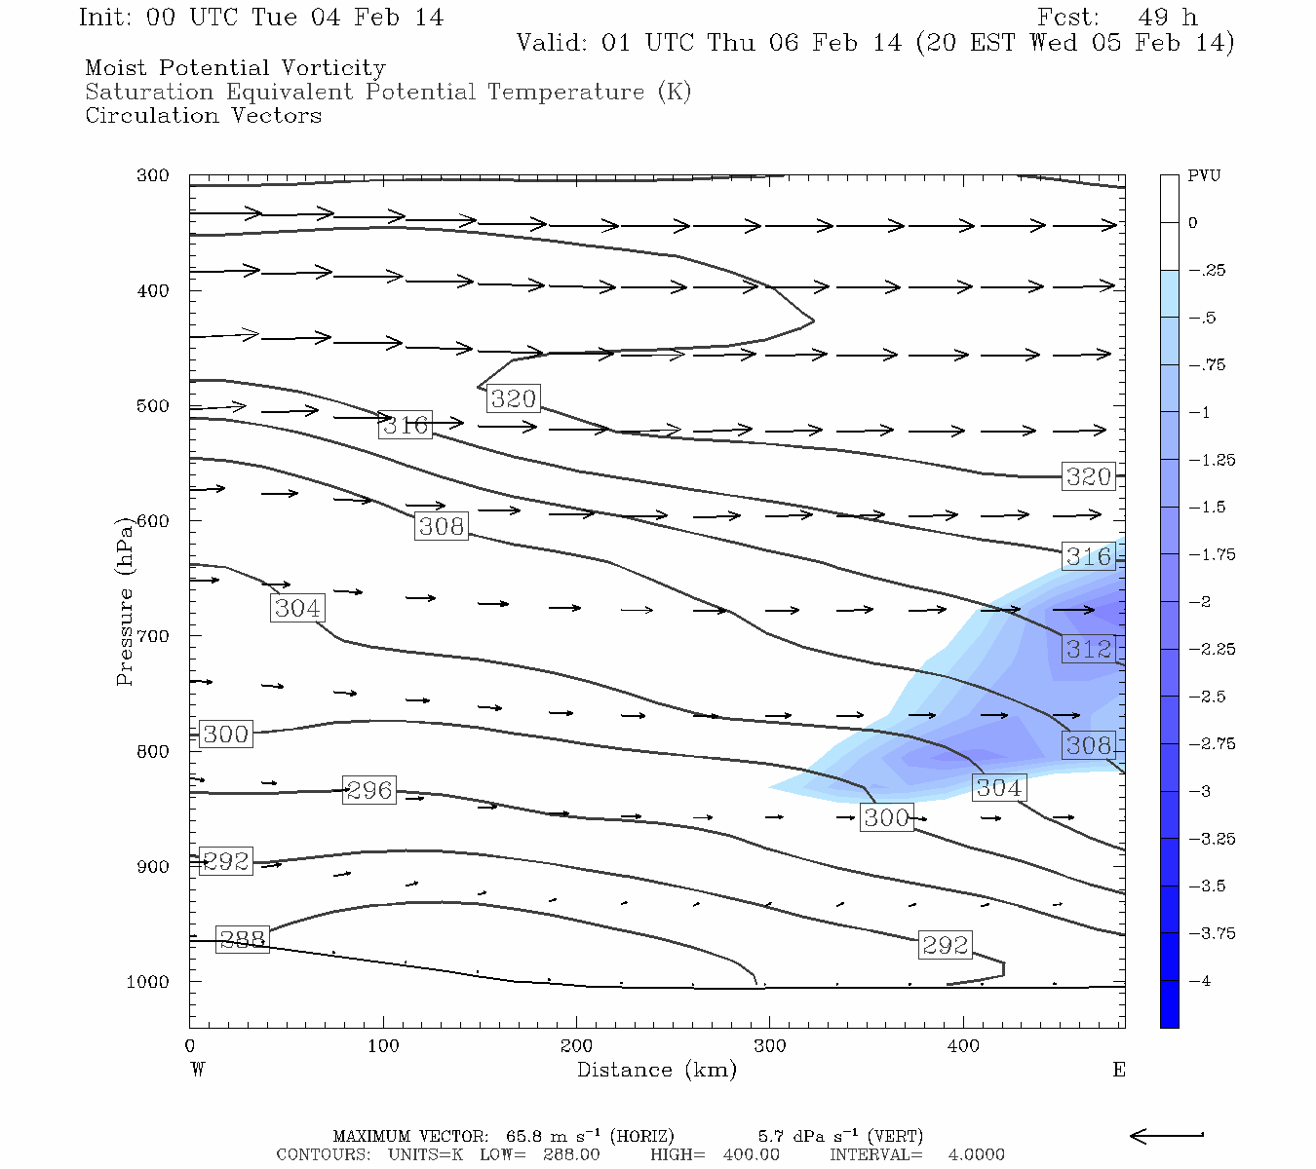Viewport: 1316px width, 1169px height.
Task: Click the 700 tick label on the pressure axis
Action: click(x=152, y=636)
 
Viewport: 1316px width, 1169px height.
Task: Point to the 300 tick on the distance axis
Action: click(x=770, y=1046)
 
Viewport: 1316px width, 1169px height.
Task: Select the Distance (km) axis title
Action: click(x=656, y=1070)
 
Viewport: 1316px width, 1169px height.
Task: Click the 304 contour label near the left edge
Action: click(x=297, y=608)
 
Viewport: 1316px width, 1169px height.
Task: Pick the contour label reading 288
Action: click(x=242, y=939)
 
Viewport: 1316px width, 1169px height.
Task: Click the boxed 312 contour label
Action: click(x=1088, y=649)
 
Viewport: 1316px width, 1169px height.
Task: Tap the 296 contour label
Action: click(x=369, y=790)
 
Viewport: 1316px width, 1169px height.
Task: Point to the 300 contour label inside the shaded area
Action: click(x=886, y=817)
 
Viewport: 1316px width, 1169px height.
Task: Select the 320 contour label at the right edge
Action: click(x=1088, y=476)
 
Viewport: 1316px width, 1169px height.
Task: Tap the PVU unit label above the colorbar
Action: click(x=1204, y=176)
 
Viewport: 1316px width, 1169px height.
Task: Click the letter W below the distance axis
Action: click(x=198, y=1070)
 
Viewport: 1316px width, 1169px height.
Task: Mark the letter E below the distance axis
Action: click(x=1119, y=1070)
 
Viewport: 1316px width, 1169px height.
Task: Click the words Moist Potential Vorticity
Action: click(x=235, y=68)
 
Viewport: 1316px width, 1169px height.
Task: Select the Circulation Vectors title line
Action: click(x=203, y=116)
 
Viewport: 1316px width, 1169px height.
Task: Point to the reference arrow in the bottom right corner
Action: click(x=1167, y=1135)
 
